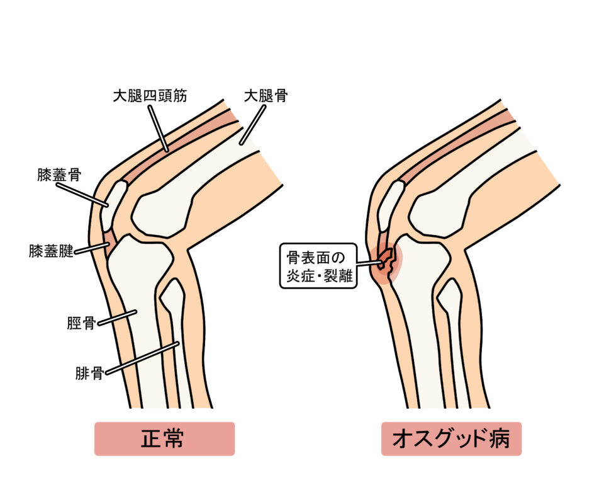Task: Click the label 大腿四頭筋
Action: [x=150, y=96]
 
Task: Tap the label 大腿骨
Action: [x=266, y=96]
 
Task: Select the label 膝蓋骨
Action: [x=59, y=175]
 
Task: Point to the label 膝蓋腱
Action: [x=51, y=251]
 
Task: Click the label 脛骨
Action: [x=81, y=323]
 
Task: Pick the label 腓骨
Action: [x=89, y=374]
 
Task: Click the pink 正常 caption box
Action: [x=164, y=439]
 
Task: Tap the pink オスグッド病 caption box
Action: [x=451, y=439]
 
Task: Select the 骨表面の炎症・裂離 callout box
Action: [x=318, y=266]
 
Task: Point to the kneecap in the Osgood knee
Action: [x=391, y=206]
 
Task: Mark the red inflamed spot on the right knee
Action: [x=386, y=263]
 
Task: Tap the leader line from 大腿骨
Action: [x=253, y=125]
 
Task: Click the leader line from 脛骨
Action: [x=117, y=318]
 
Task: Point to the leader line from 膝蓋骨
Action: [x=82, y=195]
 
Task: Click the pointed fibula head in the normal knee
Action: [x=172, y=294]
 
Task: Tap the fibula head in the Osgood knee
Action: [x=449, y=294]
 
